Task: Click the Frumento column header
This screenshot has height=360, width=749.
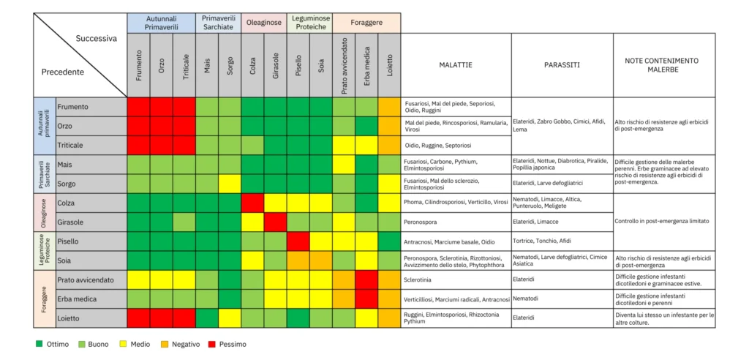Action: (138, 64)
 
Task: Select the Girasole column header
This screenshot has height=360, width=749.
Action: (275, 64)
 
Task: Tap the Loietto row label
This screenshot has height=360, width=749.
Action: (70, 318)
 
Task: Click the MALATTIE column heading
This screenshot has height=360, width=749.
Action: (455, 65)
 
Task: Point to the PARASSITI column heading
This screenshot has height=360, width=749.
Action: (562, 65)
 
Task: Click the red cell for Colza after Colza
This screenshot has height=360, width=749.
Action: (252, 202)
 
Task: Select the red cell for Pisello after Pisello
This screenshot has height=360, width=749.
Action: (298, 241)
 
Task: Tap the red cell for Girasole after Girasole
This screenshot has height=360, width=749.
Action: (275, 221)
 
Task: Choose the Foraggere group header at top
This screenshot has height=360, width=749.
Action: (366, 23)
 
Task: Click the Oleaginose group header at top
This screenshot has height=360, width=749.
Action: (263, 23)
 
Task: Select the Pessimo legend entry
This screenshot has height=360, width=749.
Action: (227, 344)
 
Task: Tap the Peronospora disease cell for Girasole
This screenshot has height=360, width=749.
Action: (424, 221)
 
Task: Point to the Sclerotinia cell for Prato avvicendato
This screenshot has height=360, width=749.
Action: (422, 279)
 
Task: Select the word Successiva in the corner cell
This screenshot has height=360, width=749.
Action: (96, 38)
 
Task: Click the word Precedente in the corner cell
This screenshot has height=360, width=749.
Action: (63, 72)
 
